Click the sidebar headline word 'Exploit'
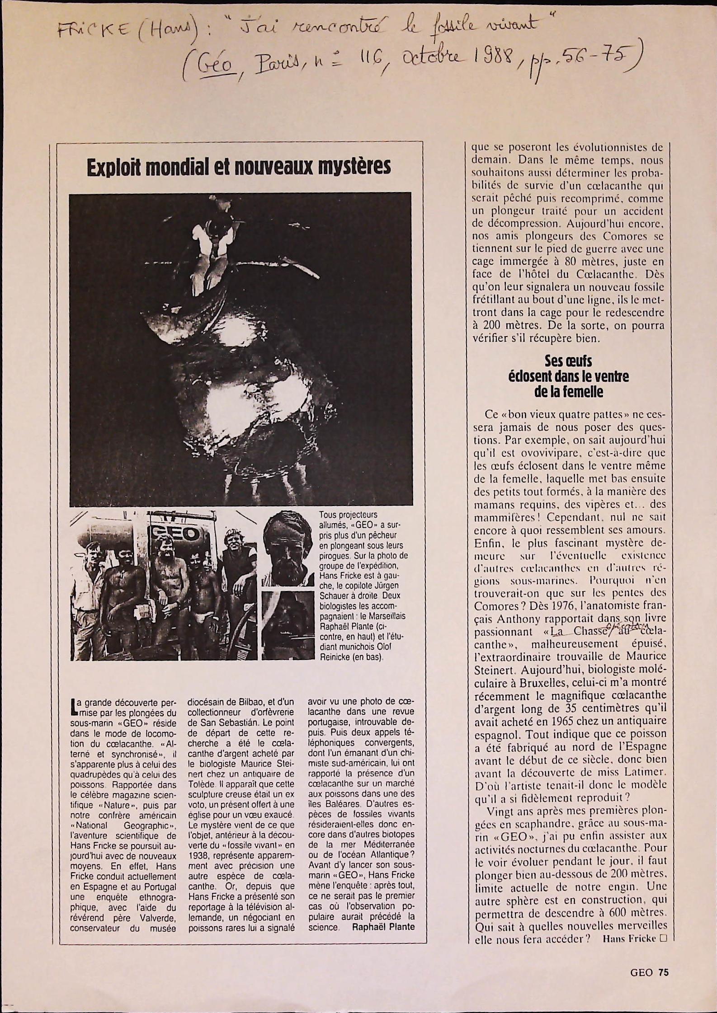(x=113, y=167)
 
